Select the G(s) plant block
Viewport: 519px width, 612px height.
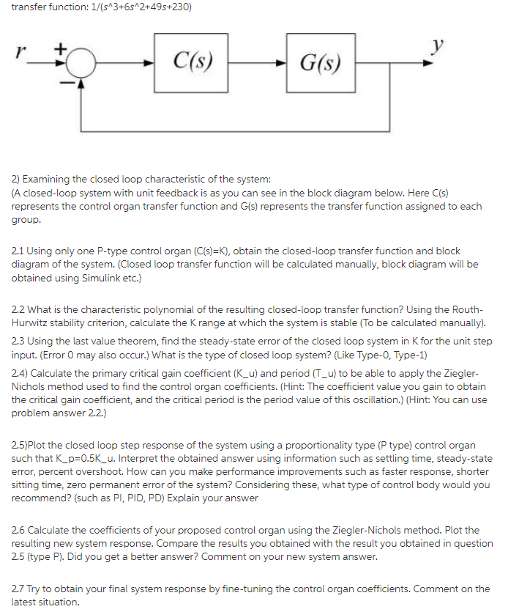(x=320, y=62)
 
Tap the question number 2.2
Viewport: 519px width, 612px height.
(x=20, y=311)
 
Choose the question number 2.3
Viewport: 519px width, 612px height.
(x=20, y=342)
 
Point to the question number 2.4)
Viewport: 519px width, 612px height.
(x=21, y=372)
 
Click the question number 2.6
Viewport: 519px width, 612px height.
(x=20, y=530)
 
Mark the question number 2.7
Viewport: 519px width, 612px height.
(x=20, y=589)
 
